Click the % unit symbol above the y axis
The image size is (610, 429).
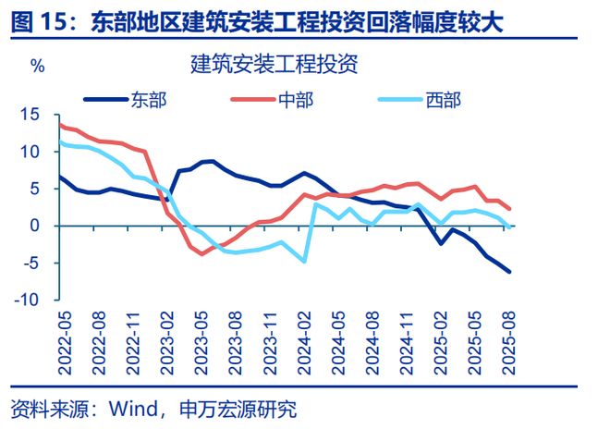pos(37,67)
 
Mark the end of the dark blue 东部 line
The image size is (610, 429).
pos(510,272)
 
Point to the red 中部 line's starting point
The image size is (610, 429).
pos(60,124)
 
